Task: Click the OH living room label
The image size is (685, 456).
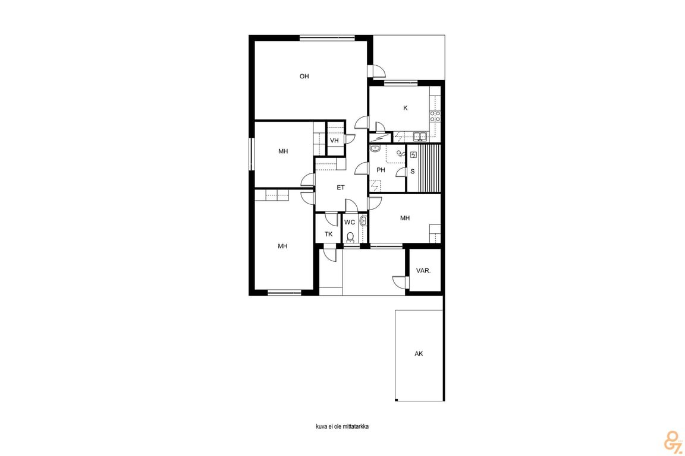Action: pos(304,77)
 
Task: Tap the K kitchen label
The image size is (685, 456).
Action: pos(406,108)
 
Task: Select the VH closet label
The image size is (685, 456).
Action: pos(334,141)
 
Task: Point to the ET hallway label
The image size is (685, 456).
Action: pos(341,188)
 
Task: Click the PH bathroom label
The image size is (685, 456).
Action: pos(381,170)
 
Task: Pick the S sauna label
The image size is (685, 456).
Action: pos(413,172)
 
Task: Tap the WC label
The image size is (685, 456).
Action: pos(350,223)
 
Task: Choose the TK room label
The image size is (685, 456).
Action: pos(328,235)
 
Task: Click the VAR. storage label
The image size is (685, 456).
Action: pos(423,271)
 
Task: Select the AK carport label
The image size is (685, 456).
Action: pos(419,354)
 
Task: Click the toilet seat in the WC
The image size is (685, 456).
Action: pos(350,237)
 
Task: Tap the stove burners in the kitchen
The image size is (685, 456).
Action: pos(435,116)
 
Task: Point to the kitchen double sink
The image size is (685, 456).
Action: pos(420,137)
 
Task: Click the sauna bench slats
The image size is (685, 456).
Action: pos(429,168)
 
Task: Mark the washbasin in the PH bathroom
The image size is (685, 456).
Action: pos(375,149)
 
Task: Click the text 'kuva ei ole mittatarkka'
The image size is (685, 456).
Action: pos(342,426)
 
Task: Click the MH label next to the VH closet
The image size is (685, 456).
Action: pos(283,151)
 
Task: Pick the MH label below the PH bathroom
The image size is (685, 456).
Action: pos(405,218)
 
